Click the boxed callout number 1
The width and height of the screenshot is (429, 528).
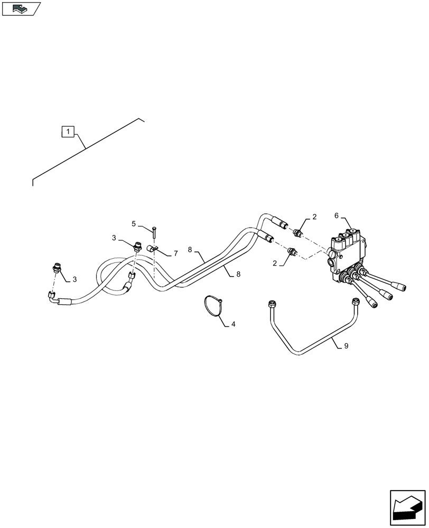(69, 131)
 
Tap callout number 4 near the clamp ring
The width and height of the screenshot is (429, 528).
(233, 324)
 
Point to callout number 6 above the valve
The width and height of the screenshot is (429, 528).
(336, 215)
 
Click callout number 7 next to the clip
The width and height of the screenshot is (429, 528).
(175, 254)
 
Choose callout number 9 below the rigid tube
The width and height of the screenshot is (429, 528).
(346, 346)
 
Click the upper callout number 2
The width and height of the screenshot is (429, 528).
(314, 216)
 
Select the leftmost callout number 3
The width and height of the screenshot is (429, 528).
(74, 279)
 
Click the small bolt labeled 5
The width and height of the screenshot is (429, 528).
(154, 231)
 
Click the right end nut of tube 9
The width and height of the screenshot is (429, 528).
(356, 301)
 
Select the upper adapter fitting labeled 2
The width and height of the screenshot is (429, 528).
(299, 231)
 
